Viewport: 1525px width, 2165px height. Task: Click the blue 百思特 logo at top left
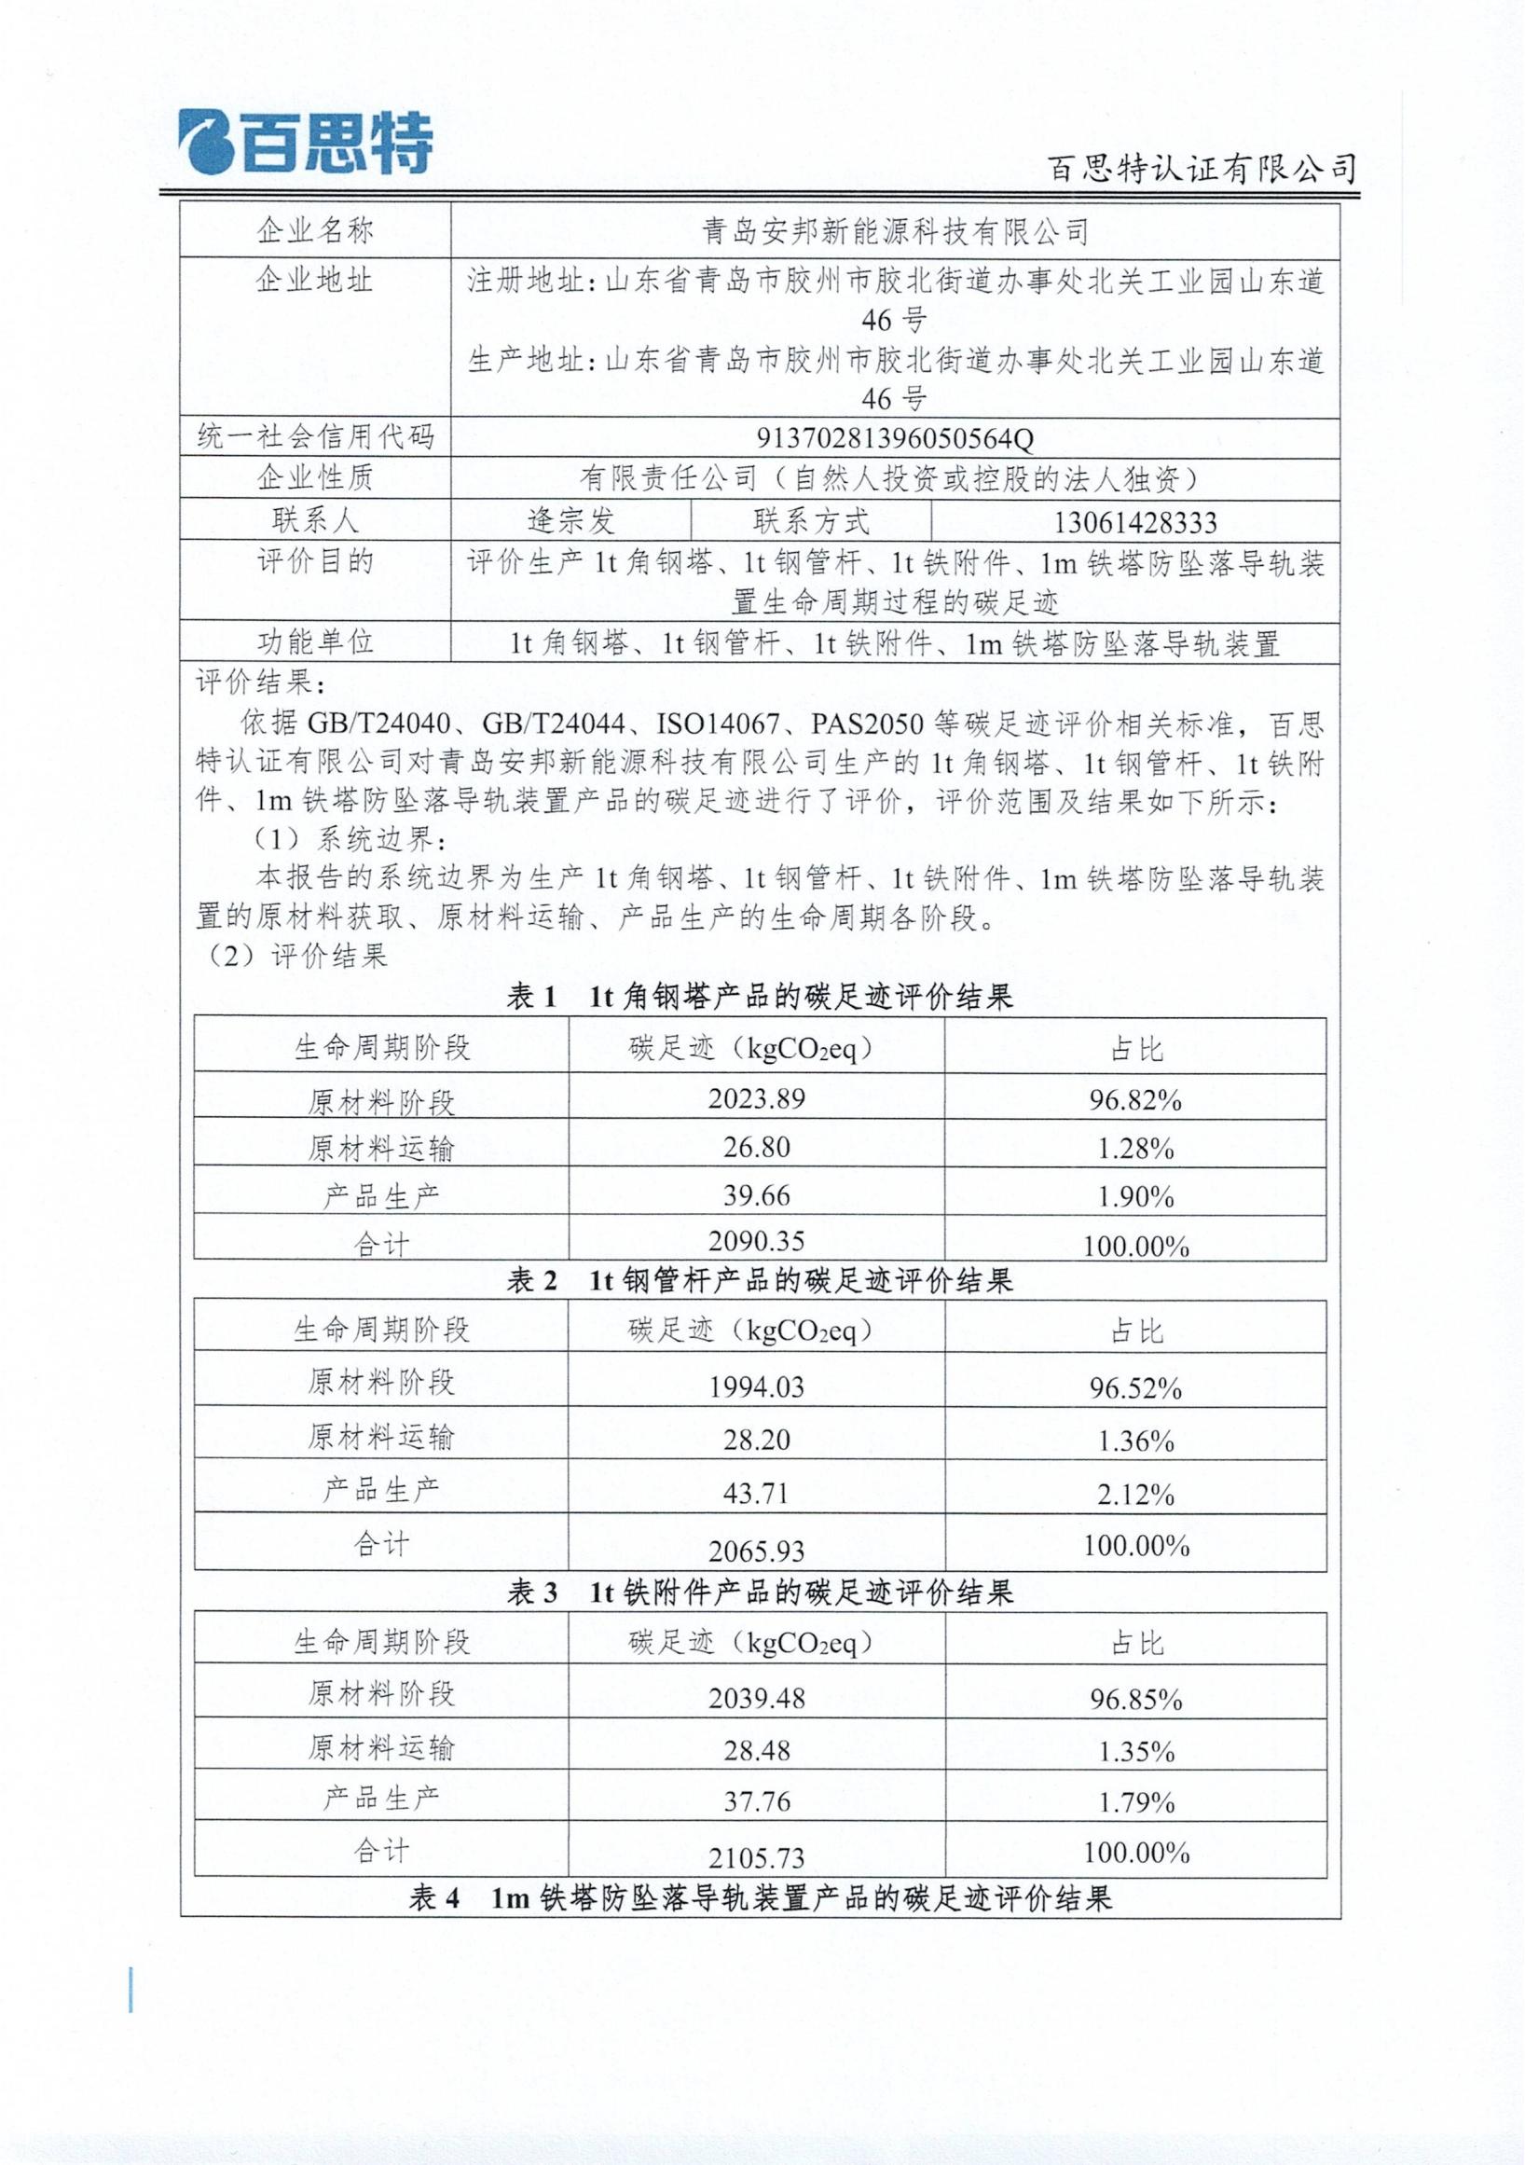[306, 145]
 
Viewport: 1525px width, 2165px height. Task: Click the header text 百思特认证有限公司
[1202, 169]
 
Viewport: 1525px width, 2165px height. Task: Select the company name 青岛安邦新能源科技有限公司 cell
[895, 231]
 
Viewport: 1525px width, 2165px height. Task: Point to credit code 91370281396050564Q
[895, 438]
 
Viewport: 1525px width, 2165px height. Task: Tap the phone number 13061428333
[1134, 522]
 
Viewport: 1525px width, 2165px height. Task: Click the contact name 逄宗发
[570, 520]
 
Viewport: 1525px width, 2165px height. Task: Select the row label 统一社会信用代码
[315, 437]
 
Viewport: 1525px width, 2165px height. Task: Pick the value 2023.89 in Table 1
[756, 1099]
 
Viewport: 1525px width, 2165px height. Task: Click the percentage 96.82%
[1134, 1100]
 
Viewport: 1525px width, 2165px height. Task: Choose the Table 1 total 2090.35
[756, 1241]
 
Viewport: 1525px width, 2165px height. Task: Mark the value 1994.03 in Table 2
[756, 1387]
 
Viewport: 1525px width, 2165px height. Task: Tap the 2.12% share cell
[1134, 1495]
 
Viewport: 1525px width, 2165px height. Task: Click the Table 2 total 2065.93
[756, 1551]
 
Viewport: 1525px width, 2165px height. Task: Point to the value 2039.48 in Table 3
[756, 1698]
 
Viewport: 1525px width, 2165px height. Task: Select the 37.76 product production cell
[756, 1802]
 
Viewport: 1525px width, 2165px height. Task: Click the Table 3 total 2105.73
[756, 1858]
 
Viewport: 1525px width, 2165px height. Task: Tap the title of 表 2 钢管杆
[760, 1280]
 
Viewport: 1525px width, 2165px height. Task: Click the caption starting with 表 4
[760, 1898]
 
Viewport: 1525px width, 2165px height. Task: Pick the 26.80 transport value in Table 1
[756, 1148]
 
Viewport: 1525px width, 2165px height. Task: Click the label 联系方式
[811, 521]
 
